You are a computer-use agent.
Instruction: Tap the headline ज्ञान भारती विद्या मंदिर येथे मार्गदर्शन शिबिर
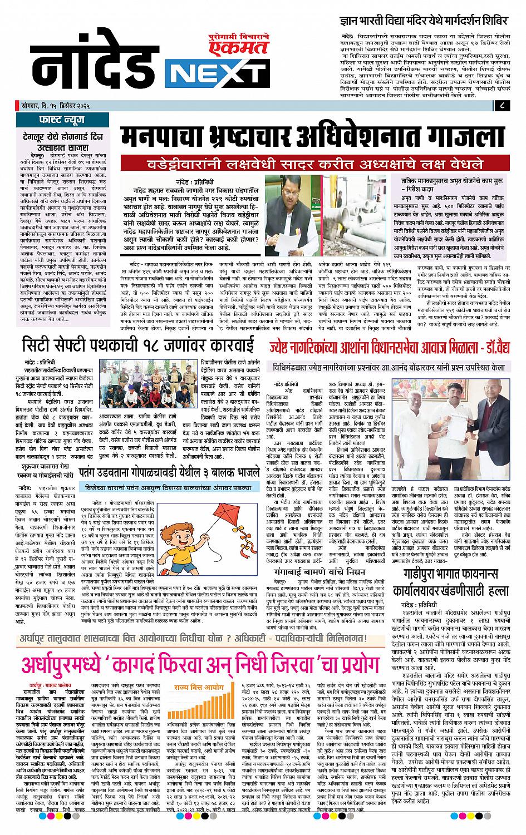[x=425, y=21]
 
